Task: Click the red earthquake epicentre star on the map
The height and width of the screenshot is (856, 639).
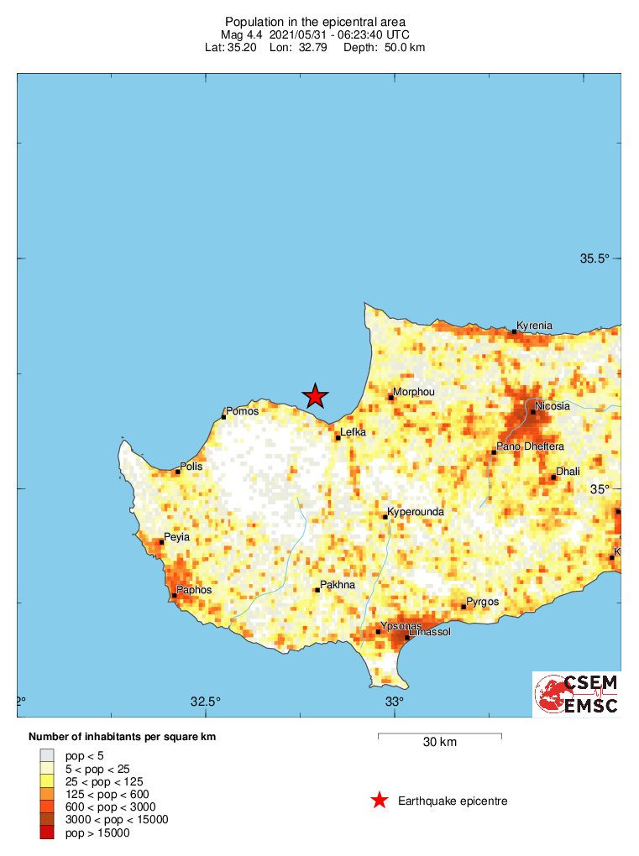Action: coord(315,395)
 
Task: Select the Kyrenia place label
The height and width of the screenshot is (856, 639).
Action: coord(534,325)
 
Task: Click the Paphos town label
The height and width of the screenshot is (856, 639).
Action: coord(194,590)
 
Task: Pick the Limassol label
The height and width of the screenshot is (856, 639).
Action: coord(429,631)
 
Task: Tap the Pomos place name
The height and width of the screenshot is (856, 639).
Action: coord(243,411)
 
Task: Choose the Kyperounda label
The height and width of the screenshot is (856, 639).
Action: coord(415,511)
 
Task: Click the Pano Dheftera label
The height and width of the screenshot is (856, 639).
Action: coord(531,446)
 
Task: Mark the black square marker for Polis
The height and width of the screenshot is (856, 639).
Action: coord(178,472)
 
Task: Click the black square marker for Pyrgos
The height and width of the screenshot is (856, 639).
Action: coord(464,607)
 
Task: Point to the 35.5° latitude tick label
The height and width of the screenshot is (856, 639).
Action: coord(594,258)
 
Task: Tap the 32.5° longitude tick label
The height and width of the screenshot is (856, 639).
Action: coord(206,702)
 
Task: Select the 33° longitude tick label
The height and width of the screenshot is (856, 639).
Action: coord(395,702)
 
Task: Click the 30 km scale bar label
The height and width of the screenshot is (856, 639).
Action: coord(439,742)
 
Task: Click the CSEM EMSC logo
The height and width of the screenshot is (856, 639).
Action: coord(577,694)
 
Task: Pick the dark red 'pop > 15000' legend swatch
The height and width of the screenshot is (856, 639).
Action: coord(47,833)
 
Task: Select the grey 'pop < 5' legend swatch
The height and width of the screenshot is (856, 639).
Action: coord(47,755)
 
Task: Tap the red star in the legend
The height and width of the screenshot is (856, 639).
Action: coord(380,801)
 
